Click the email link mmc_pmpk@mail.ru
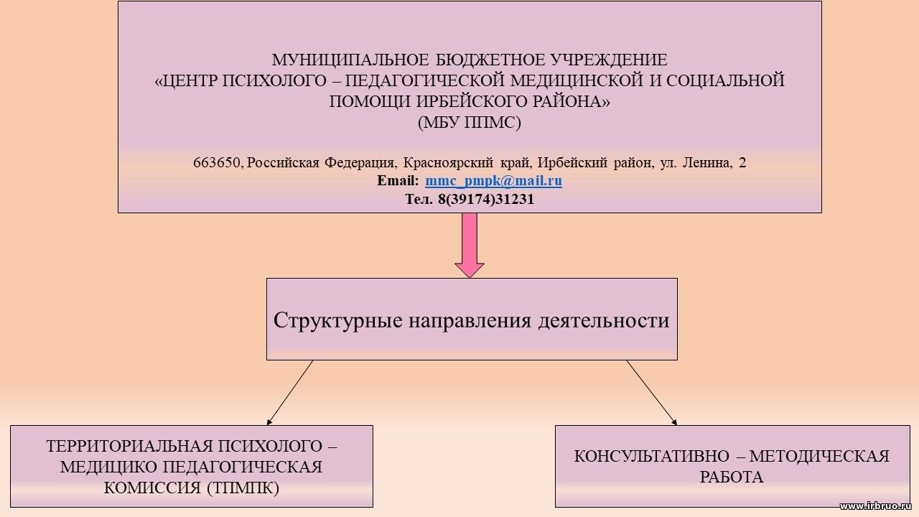(493, 181)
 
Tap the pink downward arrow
(470, 246)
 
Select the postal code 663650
(216, 163)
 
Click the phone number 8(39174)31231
(486, 200)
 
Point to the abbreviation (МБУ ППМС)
(470, 122)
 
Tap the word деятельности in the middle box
(604, 320)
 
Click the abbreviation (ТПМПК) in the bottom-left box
(243, 488)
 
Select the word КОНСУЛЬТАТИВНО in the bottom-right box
(651, 456)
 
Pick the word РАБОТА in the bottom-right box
(732, 478)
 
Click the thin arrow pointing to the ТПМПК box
(289, 393)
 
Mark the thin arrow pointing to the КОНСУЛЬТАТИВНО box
(652, 393)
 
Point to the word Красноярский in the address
(448, 163)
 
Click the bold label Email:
(398, 181)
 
